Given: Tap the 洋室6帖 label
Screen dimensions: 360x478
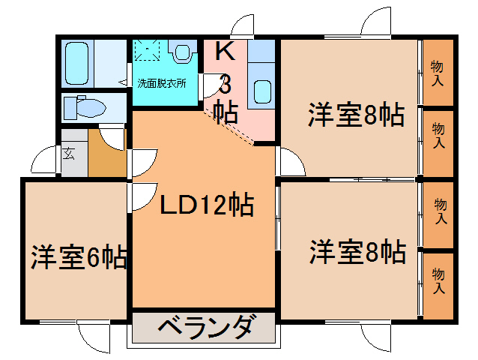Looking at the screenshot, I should click(x=79, y=256).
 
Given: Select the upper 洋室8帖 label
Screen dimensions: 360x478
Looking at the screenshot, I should click(x=356, y=115).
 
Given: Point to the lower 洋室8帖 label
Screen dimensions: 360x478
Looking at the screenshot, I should click(x=357, y=250).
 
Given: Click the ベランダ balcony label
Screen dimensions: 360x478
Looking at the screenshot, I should click(x=205, y=328).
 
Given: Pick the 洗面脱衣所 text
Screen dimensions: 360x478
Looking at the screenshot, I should click(x=161, y=82).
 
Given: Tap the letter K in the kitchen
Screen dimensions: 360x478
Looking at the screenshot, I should click(x=224, y=51).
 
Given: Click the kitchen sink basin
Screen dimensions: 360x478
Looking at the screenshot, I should click(x=262, y=91).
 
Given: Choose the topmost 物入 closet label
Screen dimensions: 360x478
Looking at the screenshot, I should click(x=438, y=73).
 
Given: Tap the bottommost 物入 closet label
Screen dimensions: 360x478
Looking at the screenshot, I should click(x=439, y=282).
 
